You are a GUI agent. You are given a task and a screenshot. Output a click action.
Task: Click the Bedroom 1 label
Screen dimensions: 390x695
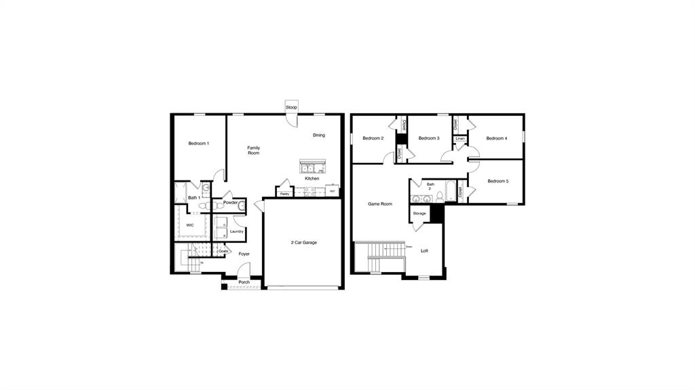pyautogui.click(x=198, y=143)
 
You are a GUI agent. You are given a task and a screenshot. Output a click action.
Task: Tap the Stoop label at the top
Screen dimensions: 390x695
pyautogui.click(x=291, y=107)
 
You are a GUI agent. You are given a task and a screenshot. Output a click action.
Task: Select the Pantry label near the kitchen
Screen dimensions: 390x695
pyautogui.click(x=284, y=194)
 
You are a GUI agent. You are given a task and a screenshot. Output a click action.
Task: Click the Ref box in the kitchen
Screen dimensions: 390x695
pyautogui.click(x=333, y=191)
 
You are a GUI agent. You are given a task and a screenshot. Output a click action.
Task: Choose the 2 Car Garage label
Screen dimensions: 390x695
pyautogui.click(x=303, y=242)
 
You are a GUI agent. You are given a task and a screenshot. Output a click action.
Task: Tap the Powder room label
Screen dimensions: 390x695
pyautogui.click(x=230, y=202)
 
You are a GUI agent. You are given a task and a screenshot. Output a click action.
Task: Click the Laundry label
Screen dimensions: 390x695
pyautogui.click(x=236, y=231)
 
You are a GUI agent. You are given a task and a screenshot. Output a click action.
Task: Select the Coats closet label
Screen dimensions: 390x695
pyautogui.click(x=223, y=251)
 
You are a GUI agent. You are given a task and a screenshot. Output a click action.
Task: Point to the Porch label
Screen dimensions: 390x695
pyautogui.click(x=244, y=282)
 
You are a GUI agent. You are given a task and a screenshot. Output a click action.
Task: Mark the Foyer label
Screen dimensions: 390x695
pyautogui.click(x=244, y=254)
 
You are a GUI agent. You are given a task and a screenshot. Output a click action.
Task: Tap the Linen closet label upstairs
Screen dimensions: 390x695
pyautogui.click(x=460, y=138)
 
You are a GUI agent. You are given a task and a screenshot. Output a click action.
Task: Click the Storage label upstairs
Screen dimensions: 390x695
pyautogui.click(x=419, y=214)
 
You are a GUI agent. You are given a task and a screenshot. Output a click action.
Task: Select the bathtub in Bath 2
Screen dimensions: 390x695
pyautogui.click(x=451, y=193)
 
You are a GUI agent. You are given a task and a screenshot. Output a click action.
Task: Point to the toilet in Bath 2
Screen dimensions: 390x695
pyautogui.click(x=440, y=197)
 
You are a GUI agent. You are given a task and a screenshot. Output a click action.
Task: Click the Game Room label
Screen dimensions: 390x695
pyautogui.click(x=380, y=203)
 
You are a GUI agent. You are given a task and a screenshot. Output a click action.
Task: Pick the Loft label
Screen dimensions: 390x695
pyautogui.click(x=424, y=251)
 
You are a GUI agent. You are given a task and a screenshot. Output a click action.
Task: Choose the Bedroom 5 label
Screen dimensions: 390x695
pyautogui.click(x=497, y=181)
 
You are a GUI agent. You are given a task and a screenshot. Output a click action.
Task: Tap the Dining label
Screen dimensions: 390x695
pyautogui.click(x=319, y=135)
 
